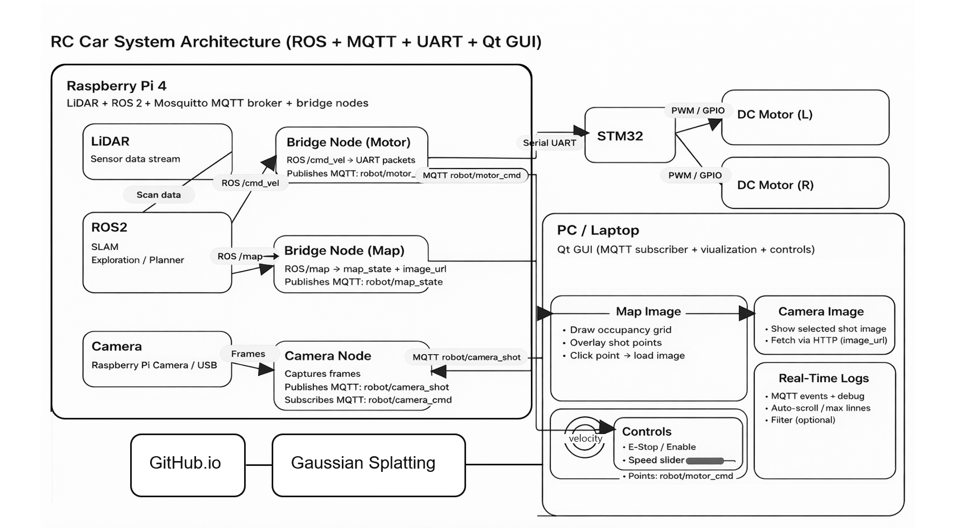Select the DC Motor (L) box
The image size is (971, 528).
point(805,117)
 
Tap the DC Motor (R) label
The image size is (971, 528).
point(775,185)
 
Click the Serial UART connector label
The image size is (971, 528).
point(549,143)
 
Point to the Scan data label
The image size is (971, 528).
point(158,195)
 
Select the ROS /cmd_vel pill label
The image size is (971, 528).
point(250,183)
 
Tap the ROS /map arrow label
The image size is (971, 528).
point(240,256)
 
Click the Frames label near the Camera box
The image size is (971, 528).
point(248,354)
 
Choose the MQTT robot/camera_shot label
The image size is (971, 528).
point(466,357)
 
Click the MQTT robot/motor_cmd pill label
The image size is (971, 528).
point(471,175)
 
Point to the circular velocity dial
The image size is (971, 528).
point(585,438)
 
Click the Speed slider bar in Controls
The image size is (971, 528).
point(705,461)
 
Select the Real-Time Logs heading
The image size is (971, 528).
point(823,378)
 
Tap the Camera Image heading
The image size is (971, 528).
point(821,312)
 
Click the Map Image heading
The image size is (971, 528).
point(648,312)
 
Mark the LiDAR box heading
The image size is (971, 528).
point(110,141)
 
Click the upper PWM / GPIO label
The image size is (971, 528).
point(698,111)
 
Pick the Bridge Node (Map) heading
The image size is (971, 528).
point(344,251)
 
